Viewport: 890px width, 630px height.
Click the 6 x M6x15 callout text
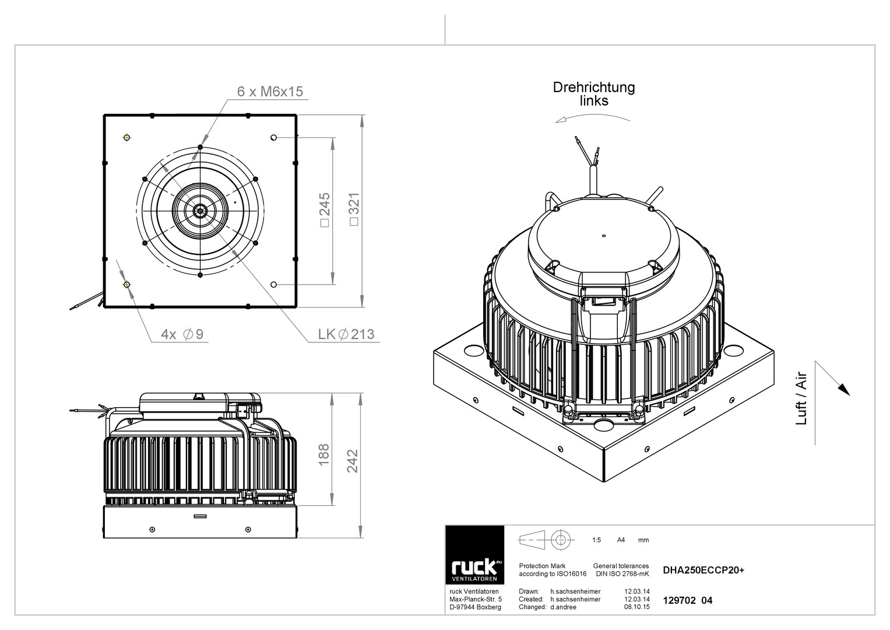coord(270,92)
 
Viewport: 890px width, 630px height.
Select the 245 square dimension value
coord(325,209)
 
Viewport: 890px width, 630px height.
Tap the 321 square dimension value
coord(354,209)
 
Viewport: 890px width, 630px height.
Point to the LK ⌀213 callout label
coord(346,334)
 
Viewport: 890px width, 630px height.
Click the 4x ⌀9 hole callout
coord(182,334)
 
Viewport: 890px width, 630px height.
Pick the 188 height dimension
coord(324,454)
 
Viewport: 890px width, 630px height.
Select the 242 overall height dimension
coord(353,461)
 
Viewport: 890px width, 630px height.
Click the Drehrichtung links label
coord(594,94)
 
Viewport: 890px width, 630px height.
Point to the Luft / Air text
coord(801,398)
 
